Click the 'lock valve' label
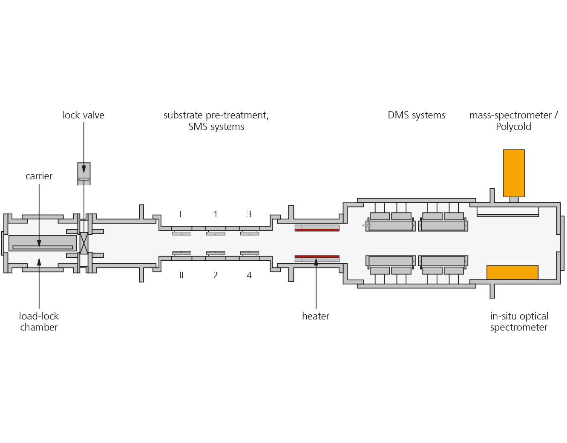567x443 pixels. pos(83,115)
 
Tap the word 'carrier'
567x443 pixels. pos(39,176)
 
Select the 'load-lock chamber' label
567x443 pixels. pos(39,322)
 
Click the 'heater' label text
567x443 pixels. pos(316,316)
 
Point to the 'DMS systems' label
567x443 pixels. pos(417,115)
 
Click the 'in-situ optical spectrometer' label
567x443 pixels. pos(519,322)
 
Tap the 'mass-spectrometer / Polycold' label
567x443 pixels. pos(513,121)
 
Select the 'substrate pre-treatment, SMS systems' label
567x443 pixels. pos(216,121)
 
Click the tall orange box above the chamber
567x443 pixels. pos(514,173)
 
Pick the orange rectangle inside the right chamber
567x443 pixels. pos(512,272)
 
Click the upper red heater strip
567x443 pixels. pos(317,230)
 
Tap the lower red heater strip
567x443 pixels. pos(317,257)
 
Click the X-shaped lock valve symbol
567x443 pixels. pos(84,243)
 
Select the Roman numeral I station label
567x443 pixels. pos(181,214)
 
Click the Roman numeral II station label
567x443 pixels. pos(181,275)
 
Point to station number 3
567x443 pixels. pos(249,214)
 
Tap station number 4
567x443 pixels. pos(249,275)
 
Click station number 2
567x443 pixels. pos(215,275)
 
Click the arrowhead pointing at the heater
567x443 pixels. pos(316,262)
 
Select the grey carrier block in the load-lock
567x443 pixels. pos(43,243)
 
